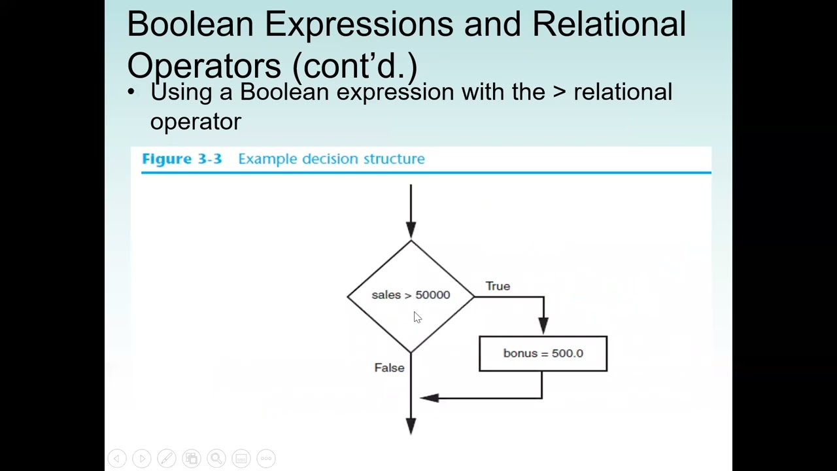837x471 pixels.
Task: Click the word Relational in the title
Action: [x=609, y=24]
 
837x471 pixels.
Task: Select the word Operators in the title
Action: [x=204, y=66]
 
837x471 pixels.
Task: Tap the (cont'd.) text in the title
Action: [x=354, y=66]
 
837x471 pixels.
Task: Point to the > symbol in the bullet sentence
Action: [x=559, y=92]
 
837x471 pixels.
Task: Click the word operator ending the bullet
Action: [x=196, y=122]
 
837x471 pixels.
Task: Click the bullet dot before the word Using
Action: [x=131, y=92]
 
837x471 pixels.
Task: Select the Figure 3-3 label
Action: [x=182, y=159]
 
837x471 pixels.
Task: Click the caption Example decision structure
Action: [x=332, y=159]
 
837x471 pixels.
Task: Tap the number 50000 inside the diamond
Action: [x=433, y=295]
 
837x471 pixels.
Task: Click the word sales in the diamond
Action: [x=386, y=295]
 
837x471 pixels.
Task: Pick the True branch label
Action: [x=498, y=287]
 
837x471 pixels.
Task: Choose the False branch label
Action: [x=389, y=368]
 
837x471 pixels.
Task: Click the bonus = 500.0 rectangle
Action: [x=543, y=354]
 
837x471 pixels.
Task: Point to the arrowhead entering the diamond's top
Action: [x=411, y=230]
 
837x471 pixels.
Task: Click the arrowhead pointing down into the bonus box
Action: [x=543, y=325]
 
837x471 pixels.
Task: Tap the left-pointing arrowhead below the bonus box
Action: [x=429, y=397]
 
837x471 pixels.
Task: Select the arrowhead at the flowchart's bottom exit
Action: [x=411, y=427]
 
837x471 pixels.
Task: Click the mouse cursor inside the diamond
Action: [x=417, y=317]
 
